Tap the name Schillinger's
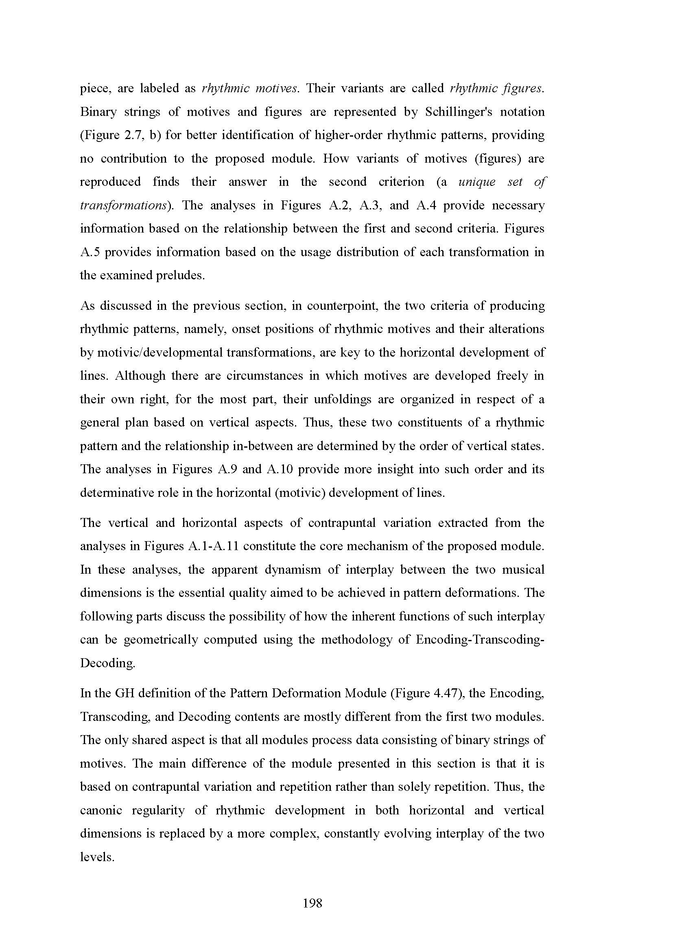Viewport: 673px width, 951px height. (x=459, y=112)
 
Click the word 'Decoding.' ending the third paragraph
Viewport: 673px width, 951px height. (x=107, y=663)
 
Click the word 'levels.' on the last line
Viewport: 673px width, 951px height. (x=96, y=857)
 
